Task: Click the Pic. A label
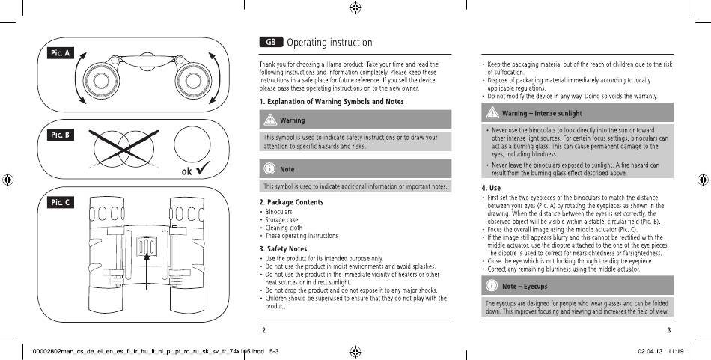pyautogui.click(x=61, y=53)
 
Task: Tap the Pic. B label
pyautogui.click(x=61, y=135)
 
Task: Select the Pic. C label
pyautogui.click(x=61, y=202)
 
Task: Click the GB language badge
pyautogui.click(x=271, y=42)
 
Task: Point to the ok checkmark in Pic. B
pyautogui.click(x=202, y=168)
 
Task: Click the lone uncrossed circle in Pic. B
pyautogui.click(x=192, y=144)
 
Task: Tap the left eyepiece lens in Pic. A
pyautogui.click(x=101, y=81)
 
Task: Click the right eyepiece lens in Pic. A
pyautogui.click(x=193, y=81)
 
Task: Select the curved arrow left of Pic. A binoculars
pyautogui.click(x=77, y=78)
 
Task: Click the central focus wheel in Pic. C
pyautogui.click(x=147, y=247)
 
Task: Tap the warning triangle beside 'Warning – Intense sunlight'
pyautogui.click(x=492, y=112)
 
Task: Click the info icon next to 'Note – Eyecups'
pyautogui.click(x=492, y=286)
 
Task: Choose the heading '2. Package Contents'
pyautogui.click(x=291, y=202)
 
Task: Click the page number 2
pyautogui.click(x=264, y=330)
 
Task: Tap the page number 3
pyautogui.click(x=669, y=330)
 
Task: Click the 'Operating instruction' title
pyautogui.click(x=329, y=43)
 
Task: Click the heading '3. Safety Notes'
pyautogui.click(x=284, y=249)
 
